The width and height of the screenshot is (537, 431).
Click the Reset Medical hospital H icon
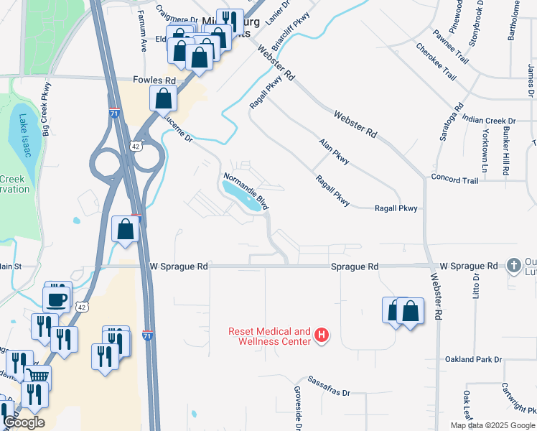pyautogui.click(x=322, y=335)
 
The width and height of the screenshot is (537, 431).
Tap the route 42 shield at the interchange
pyautogui.click(x=136, y=146)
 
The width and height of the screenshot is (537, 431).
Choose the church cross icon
pyautogui.click(x=513, y=266)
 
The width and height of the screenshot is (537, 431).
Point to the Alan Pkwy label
pyautogui.click(x=334, y=152)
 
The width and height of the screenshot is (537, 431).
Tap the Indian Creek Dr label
pyautogui.click(x=489, y=121)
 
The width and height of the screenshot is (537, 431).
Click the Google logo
pyautogui.click(x=24, y=422)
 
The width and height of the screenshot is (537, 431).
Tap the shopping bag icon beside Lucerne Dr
pyautogui.click(x=164, y=98)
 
